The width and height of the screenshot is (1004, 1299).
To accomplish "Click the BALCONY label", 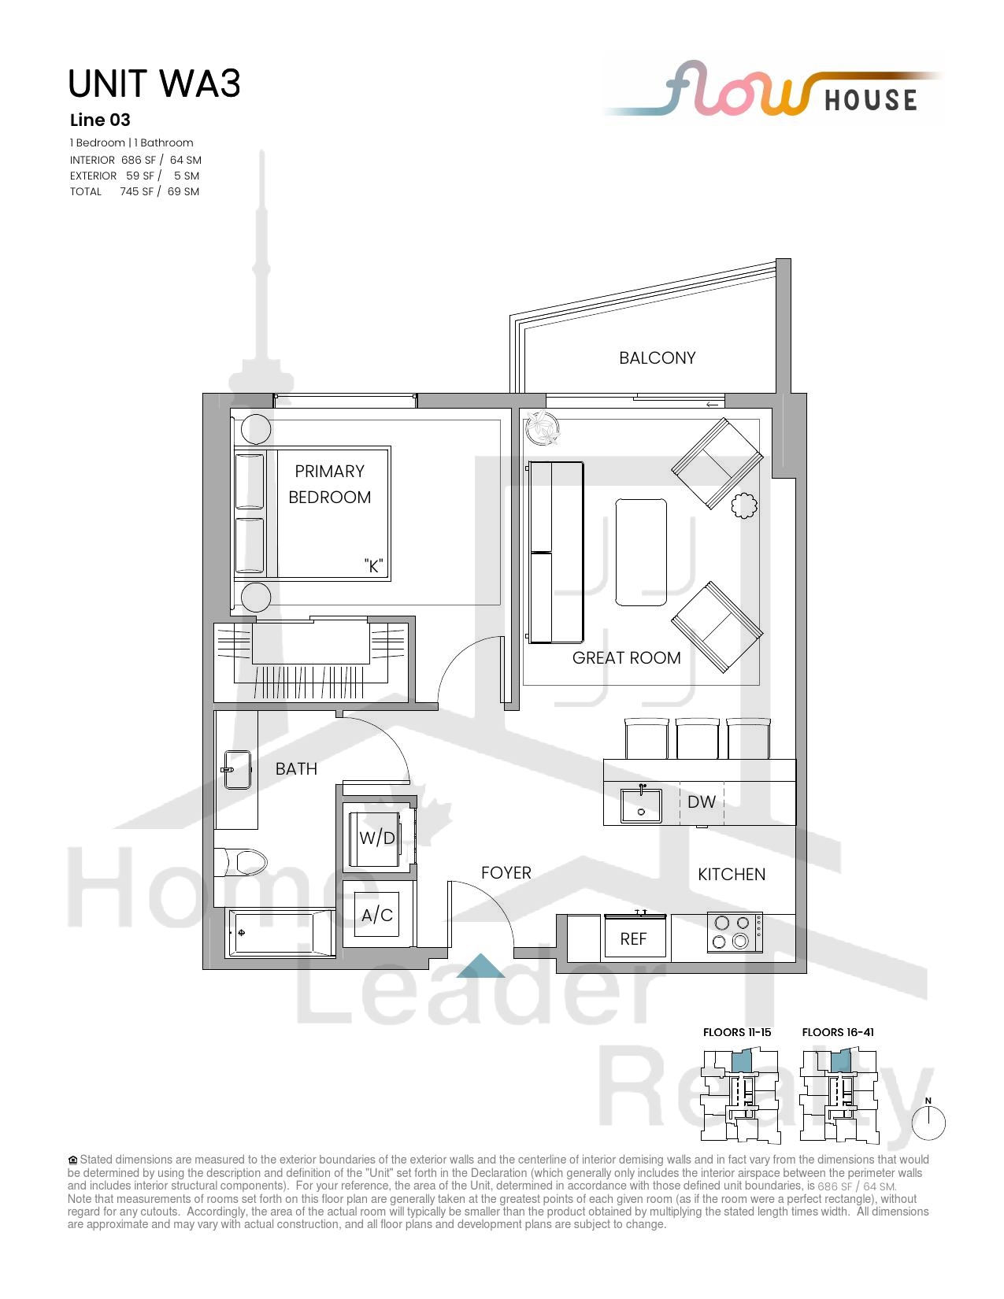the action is point(658,358).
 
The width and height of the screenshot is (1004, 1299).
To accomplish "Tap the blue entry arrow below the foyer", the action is point(480,966).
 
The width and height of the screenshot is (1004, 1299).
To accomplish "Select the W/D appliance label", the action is point(376,838).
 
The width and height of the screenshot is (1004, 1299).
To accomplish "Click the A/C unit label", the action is point(376,915).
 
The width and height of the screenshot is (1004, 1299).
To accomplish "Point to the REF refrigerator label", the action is point(633,939).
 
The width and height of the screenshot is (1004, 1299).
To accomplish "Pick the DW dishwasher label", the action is point(702,801).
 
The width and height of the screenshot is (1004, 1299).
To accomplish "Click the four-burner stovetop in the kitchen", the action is point(735,932).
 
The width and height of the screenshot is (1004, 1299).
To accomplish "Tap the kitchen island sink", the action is point(641,805).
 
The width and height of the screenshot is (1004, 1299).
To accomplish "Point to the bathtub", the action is point(280,933).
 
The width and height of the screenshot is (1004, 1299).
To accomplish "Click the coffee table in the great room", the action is point(641,552).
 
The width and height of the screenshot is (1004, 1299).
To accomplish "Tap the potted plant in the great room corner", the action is point(543,427).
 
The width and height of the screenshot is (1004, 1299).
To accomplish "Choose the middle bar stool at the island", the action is point(697,739).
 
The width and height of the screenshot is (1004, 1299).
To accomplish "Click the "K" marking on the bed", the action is point(374,565).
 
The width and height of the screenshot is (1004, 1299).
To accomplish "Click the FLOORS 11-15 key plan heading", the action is point(737,1032).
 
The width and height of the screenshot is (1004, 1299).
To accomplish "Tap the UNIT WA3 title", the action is point(154,83).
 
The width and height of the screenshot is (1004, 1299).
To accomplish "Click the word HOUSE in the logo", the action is point(871,100).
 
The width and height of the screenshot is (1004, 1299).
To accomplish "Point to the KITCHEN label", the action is point(732,875).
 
